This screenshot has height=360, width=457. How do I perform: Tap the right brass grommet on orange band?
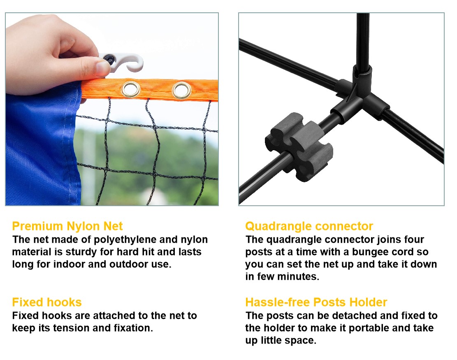181,89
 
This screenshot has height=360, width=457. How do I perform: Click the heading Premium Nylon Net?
67,226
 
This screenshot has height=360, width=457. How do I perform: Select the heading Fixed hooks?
47,302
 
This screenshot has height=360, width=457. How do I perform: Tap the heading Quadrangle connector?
309,226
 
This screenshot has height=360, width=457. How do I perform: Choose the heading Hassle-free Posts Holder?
316,302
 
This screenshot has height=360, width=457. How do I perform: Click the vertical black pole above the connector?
362,37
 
